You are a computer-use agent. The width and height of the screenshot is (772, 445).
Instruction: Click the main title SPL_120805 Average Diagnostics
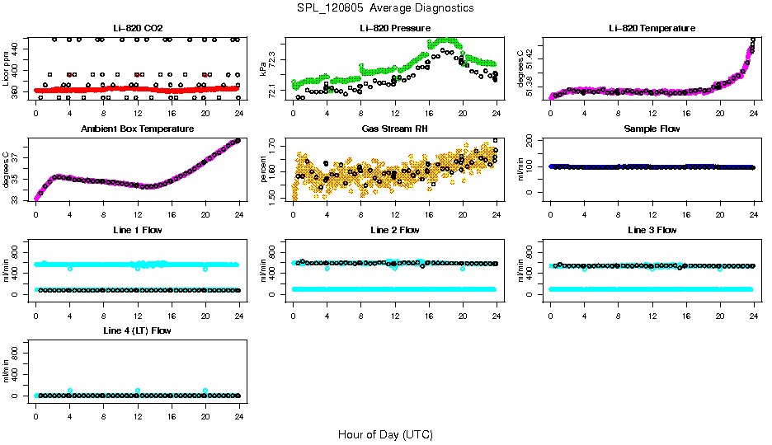click(386, 7)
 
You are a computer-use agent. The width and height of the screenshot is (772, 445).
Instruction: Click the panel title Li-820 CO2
click(137, 29)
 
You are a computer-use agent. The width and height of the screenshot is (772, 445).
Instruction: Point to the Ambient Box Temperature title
click(137, 129)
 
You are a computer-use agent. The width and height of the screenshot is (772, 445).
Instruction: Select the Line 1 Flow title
click(137, 230)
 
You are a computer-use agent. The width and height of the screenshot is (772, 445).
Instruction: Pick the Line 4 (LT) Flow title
click(137, 330)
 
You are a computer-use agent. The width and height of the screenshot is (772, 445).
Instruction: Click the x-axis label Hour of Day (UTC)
click(385, 434)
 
